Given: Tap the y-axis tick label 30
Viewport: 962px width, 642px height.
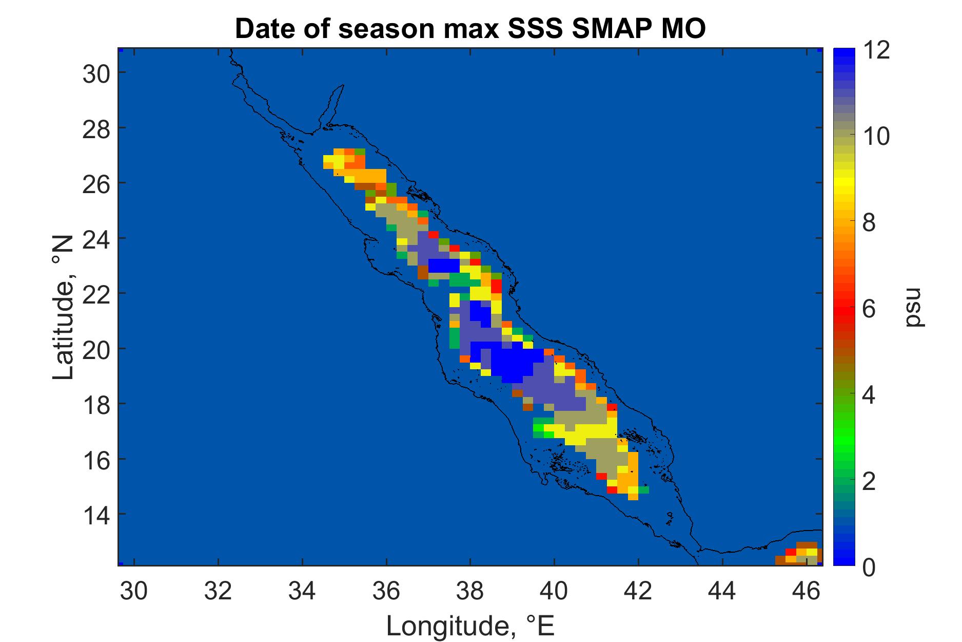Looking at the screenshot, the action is click(96, 73).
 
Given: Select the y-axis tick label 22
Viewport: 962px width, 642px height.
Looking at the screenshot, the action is click(96, 293).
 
